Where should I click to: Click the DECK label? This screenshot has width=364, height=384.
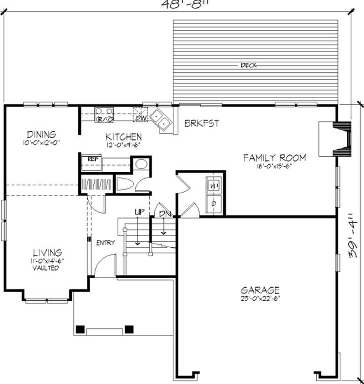click(x=248, y=65)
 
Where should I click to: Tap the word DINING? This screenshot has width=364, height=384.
click(x=41, y=135)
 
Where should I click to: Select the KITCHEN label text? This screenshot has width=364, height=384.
click(x=123, y=136)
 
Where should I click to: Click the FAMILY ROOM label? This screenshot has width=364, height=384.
click(x=274, y=158)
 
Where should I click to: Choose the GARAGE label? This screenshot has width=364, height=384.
click(x=260, y=290)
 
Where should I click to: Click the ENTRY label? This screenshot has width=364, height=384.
click(x=105, y=243)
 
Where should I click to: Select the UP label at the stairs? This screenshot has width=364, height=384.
click(x=139, y=212)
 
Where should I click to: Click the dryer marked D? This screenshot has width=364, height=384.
click(x=213, y=204)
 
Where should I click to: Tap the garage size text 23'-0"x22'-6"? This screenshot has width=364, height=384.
click(x=260, y=299)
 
